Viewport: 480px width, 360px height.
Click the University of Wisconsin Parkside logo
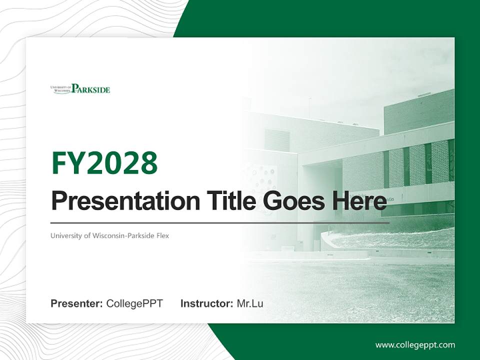pos(80,89)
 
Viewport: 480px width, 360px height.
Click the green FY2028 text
pos(104,163)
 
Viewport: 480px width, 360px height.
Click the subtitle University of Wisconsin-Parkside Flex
pos(109,235)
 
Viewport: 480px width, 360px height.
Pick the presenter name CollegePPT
pos(134,303)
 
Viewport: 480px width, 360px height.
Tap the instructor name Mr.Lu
pos(250,303)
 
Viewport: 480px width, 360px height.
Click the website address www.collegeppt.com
pos(415,345)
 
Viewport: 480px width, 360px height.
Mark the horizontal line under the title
pos(220,223)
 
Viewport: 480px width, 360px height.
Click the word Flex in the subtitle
pos(162,235)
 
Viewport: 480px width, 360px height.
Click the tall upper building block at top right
pos(419,112)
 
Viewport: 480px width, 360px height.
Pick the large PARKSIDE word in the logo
pos(90,89)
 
